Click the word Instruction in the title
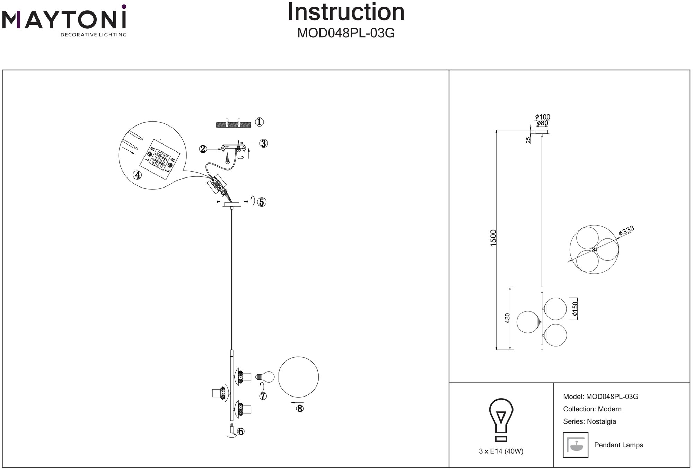click(x=346, y=12)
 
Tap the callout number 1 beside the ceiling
click(x=259, y=122)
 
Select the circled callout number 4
click(x=138, y=175)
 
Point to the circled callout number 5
click(x=262, y=202)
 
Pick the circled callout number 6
click(x=240, y=432)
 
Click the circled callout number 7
click(x=263, y=396)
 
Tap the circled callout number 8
click(x=300, y=409)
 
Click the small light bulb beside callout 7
click(x=265, y=376)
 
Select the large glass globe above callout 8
click(x=298, y=377)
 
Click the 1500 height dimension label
click(x=493, y=238)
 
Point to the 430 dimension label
click(x=507, y=318)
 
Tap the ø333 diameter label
click(x=626, y=230)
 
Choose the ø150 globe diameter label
click(x=575, y=309)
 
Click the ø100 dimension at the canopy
click(x=542, y=117)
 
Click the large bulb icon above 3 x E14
click(x=501, y=419)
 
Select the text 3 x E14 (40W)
click(x=501, y=451)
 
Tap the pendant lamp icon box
click(x=576, y=445)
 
